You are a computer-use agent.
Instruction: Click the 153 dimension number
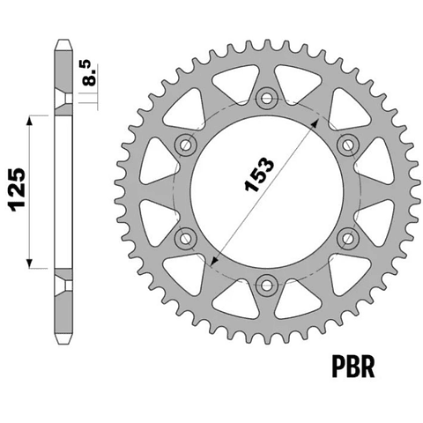tap(259, 175)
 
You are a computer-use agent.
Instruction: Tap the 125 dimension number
tap(18, 190)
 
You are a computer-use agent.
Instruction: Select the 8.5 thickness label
tap(89, 73)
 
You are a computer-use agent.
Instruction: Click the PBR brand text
tap(353, 367)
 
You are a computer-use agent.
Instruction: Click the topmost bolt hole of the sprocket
tap(266, 98)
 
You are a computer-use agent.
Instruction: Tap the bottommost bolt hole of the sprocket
tap(266, 286)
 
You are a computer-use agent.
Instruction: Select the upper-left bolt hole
tap(185, 145)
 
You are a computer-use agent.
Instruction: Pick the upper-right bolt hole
tap(348, 145)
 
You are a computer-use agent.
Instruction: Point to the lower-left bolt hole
tap(185, 238)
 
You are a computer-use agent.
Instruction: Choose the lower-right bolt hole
tap(348, 238)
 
